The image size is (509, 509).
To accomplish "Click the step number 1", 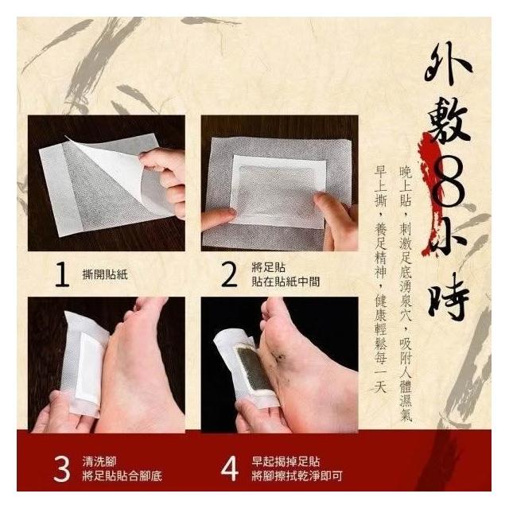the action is click(62, 275).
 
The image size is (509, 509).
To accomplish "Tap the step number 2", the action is click(229, 275).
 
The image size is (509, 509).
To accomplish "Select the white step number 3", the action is click(62, 469).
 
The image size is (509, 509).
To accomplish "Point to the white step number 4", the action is click(230, 469).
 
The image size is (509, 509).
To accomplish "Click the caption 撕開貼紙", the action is click(105, 275).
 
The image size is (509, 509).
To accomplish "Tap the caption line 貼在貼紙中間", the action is click(286, 282).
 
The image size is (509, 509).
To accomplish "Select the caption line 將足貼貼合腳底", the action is click(122, 476).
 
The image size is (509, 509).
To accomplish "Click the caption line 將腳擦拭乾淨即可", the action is click(297, 476).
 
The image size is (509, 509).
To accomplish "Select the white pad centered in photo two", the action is click(278, 192).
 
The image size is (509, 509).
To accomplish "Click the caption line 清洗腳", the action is click(99, 462).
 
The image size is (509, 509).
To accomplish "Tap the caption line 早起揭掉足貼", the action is click(286, 462).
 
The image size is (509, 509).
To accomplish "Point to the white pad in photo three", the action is click(88, 367).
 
